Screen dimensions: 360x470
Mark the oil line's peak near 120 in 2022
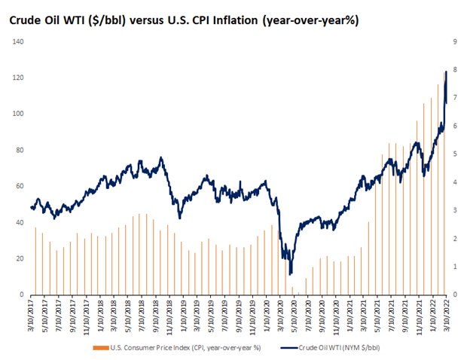446,72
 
